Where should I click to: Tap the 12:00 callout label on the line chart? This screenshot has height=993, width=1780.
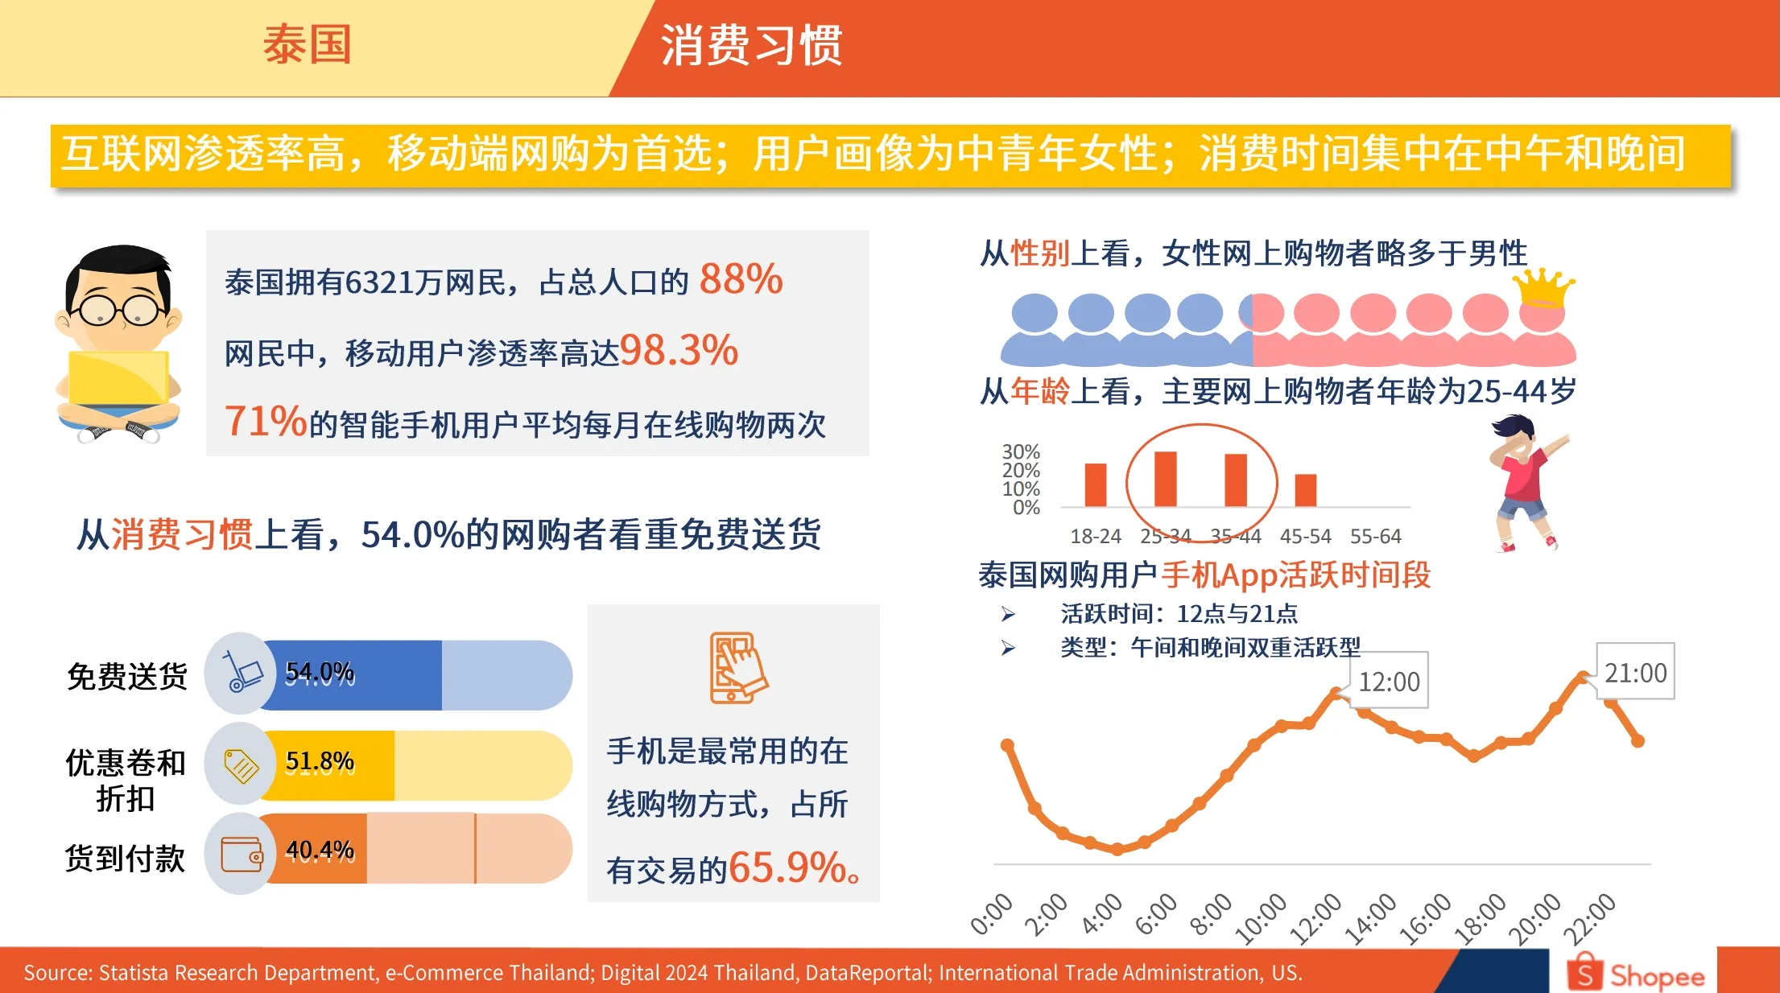click(1389, 682)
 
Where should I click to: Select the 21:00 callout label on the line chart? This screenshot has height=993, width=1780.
click(1635, 673)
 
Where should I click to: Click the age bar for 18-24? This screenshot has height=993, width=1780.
click(1095, 484)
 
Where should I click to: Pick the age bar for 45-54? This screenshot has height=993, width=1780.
click(1305, 490)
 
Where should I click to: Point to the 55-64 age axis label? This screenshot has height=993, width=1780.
click(1375, 536)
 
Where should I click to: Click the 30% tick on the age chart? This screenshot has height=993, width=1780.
click(1021, 451)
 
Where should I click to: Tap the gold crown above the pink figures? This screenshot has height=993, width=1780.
click(1543, 286)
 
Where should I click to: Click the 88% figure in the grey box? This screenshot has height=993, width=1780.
click(741, 279)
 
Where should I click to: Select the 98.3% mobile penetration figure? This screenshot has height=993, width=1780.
click(679, 350)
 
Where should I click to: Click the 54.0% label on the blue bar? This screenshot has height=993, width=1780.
click(320, 672)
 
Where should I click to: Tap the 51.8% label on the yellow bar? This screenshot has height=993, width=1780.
click(320, 761)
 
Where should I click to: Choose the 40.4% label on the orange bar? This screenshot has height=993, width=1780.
click(320, 851)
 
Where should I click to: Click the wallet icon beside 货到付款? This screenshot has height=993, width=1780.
click(242, 854)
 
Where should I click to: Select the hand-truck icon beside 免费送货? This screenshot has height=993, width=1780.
click(242, 672)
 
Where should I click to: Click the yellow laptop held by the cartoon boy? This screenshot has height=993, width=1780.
click(118, 378)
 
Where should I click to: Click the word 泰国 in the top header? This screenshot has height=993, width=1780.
click(307, 44)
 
